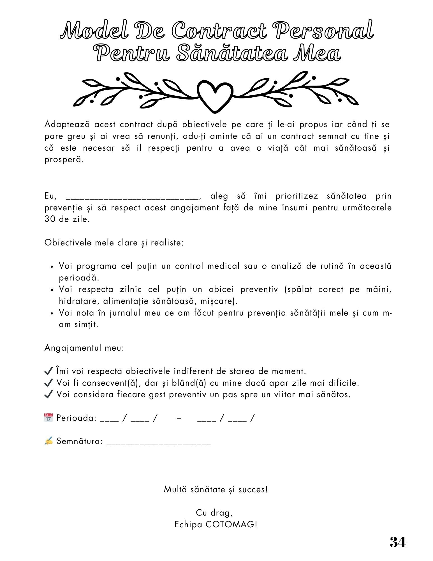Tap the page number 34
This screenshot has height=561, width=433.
point(397,542)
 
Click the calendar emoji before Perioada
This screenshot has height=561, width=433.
point(48,417)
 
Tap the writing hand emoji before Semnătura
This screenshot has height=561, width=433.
point(48,441)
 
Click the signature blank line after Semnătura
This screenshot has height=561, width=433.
point(159,443)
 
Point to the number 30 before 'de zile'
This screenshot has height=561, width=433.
point(50,219)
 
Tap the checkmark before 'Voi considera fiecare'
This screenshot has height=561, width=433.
point(48,394)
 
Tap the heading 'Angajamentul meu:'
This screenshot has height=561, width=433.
point(84,348)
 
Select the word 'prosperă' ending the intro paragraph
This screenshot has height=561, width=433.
point(64,160)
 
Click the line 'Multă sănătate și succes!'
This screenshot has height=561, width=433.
point(216,489)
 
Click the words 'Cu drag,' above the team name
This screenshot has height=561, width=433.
point(214,512)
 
